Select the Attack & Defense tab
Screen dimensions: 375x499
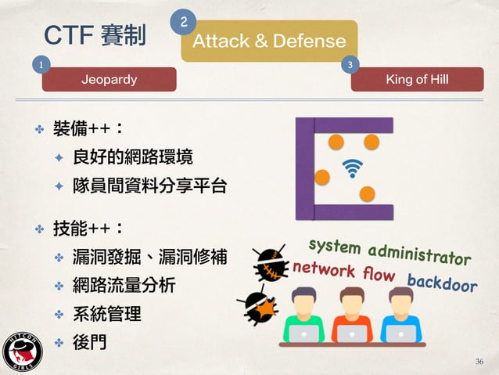pyautogui.click(x=269, y=41)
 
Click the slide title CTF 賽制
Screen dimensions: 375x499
pyautogui.click(x=95, y=35)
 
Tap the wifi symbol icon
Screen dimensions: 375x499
pyautogui.click(x=354, y=168)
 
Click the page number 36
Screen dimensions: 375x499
pyautogui.click(x=479, y=361)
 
